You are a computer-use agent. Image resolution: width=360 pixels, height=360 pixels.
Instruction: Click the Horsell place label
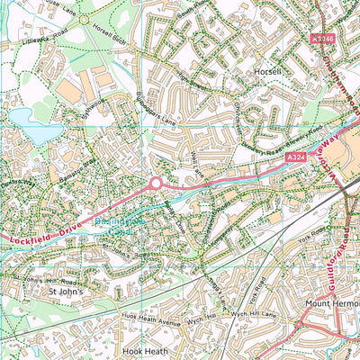[x=268, y=70]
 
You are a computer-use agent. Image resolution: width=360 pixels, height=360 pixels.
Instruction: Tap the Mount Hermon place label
[x=323, y=304]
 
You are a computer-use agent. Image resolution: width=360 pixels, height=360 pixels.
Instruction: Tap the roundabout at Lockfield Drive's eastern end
[x=155, y=183]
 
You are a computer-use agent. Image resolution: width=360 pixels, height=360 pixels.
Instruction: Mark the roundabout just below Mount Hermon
[x=301, y=325]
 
